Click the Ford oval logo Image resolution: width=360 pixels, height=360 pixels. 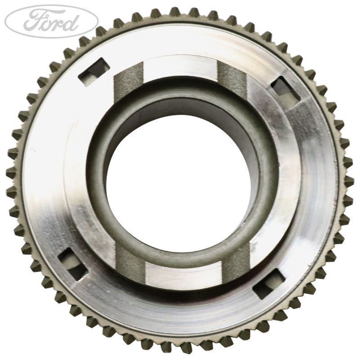tap(51, 21)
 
